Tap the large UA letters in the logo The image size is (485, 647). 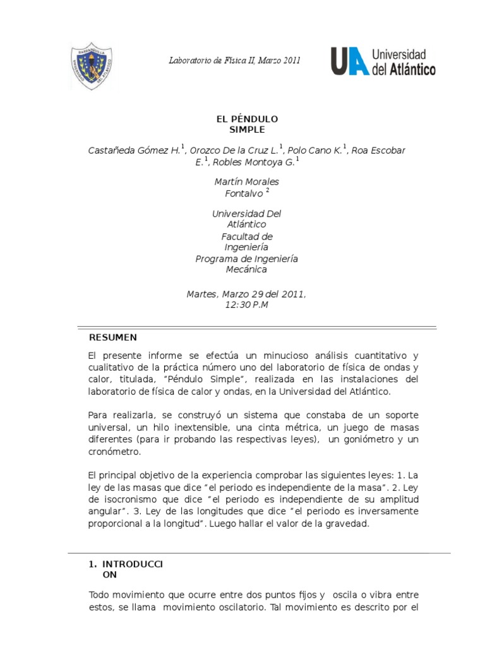(x=349, y=61)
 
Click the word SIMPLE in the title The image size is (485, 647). (x=247, y=130)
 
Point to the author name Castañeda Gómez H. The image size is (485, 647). (x=134, y=150)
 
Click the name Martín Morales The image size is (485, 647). (x=247, y=182)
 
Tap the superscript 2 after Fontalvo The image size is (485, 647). (x=268, y=190)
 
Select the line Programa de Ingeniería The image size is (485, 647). (x=246, y=259)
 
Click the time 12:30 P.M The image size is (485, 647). (x=246, y=305)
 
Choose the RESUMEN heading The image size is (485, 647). (x=113, y=337)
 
